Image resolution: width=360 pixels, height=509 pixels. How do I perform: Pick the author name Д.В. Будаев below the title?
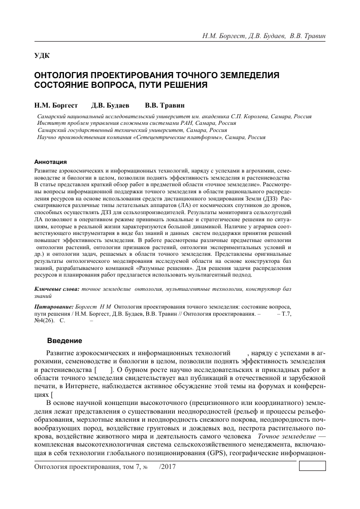110,106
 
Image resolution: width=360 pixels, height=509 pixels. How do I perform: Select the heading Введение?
64,340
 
